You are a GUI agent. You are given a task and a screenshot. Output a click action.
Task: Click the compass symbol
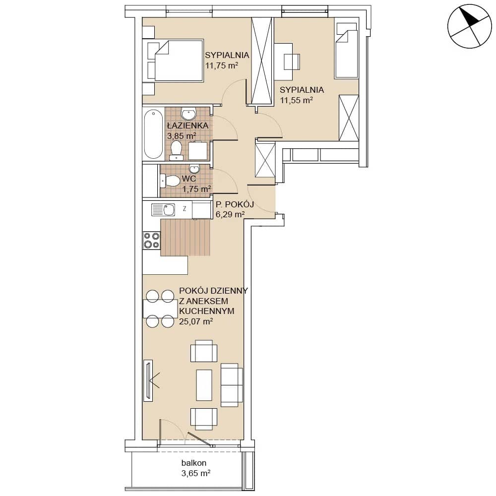tap(470, 26)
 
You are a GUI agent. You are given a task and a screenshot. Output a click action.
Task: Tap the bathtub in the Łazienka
tap(153, 134)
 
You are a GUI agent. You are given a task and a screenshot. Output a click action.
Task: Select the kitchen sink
tap(163, 209)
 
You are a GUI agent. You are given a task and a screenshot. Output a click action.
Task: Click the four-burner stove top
tap(151, 240)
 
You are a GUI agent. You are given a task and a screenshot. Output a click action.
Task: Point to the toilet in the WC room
tap(170, 181)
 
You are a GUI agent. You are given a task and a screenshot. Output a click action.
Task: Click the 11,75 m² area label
tap(221, 66)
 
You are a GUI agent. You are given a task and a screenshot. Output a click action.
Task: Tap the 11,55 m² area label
tap(297, 100)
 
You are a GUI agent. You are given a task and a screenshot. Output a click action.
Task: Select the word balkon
tap(194, 463)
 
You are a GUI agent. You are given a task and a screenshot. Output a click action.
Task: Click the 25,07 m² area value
tap(196, 321)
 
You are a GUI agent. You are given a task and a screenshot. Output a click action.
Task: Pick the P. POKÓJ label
tap(235, 204)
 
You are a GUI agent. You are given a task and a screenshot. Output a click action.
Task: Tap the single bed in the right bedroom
tap(346, 50)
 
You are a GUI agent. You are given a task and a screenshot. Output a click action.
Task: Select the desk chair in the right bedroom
tap(292, 62)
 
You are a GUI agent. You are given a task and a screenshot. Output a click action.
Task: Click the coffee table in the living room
tap(204, 385)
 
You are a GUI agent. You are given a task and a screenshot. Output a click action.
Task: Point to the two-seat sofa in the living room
tap(232, 385)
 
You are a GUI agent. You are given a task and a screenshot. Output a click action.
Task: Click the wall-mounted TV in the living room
tap(148, 380)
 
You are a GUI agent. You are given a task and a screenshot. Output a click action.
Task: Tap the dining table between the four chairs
tap(160, 309)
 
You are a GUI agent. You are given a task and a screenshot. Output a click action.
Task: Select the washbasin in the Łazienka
tap(188, 113)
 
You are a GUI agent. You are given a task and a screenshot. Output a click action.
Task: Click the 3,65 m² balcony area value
tap(196, 473)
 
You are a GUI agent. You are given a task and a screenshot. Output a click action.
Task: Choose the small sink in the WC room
tap(194, 168)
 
